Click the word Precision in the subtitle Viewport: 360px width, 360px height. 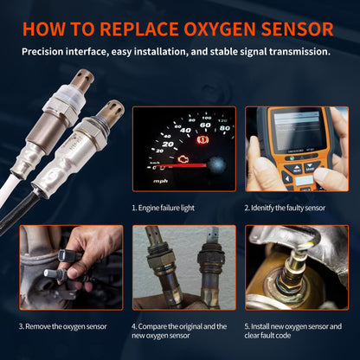47,51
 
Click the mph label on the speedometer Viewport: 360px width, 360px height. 161,181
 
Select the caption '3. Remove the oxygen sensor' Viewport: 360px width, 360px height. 61,326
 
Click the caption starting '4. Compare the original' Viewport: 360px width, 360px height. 180,331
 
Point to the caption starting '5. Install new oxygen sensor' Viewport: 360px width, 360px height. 294,331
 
